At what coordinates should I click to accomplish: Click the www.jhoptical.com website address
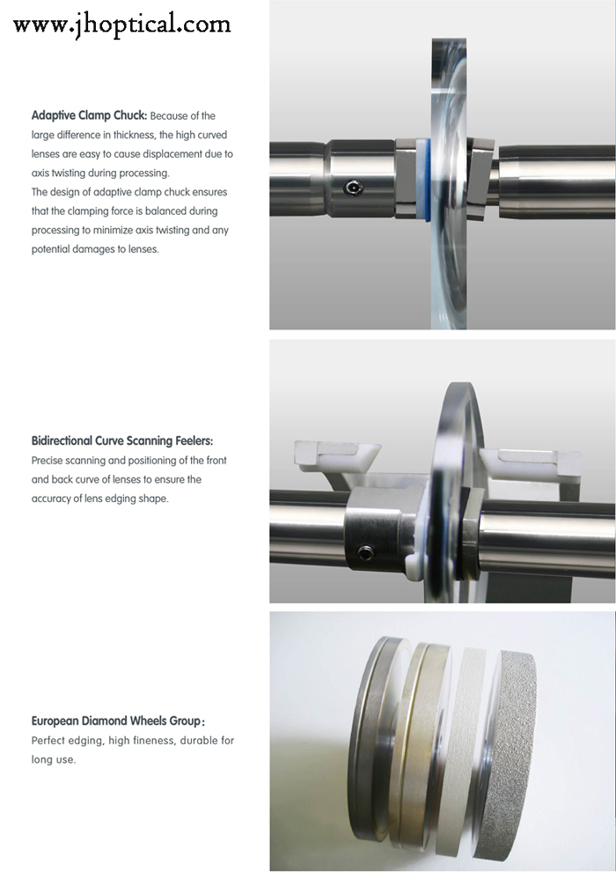(121, 25)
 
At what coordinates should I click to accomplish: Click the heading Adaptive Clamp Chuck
(90, 115)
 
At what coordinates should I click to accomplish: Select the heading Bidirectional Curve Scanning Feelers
(122, 441)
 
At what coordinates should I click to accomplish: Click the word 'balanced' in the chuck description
(165, 211)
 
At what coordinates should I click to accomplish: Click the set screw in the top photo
(353, 188)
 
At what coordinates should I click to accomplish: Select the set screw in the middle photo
(365, 553)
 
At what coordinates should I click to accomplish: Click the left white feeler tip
(337, 454)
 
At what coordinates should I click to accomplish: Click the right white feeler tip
(531, 460)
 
